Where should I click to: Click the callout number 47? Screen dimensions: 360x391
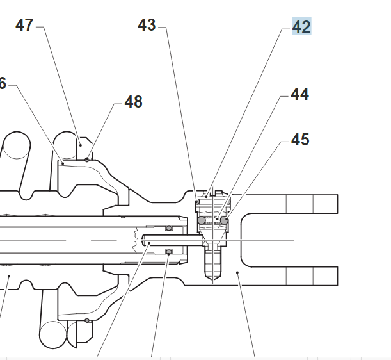point(25,25)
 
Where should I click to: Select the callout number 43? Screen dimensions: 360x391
point(147,25)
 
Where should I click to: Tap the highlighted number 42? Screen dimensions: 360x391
point(301,27)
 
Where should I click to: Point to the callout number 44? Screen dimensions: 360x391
point(299,94)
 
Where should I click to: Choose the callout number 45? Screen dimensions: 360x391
point(300,139)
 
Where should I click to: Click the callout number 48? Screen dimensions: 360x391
point(133,102)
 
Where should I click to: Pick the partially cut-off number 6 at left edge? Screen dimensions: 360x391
point(3,83)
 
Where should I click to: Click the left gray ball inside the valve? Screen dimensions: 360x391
point(202,220)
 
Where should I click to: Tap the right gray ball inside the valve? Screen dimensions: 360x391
point(225,220)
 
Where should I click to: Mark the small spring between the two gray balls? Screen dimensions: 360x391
point(214,220)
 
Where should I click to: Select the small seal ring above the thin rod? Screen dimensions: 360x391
point(169,227)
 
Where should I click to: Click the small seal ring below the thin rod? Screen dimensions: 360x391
point(169,252)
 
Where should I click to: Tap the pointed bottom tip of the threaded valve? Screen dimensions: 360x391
point(213,279)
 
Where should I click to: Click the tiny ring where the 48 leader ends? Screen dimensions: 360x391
point(87,159)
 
